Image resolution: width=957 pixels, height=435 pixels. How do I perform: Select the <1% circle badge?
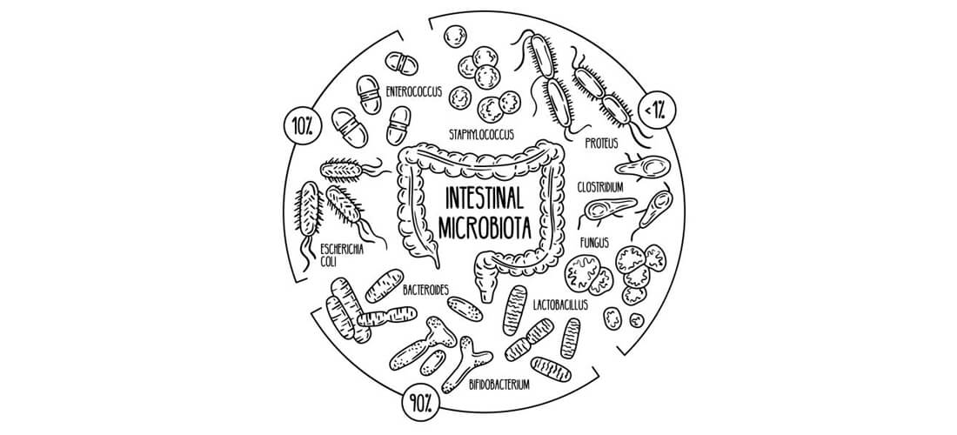pos(653,110)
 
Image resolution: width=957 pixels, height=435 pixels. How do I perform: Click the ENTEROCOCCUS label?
pos(413,90)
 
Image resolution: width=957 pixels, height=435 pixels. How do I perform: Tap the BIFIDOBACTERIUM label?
pos(498,384)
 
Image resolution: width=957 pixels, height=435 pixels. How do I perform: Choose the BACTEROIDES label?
pos(425,288)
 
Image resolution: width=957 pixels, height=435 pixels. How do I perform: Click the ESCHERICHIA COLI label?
pos(341,253)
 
